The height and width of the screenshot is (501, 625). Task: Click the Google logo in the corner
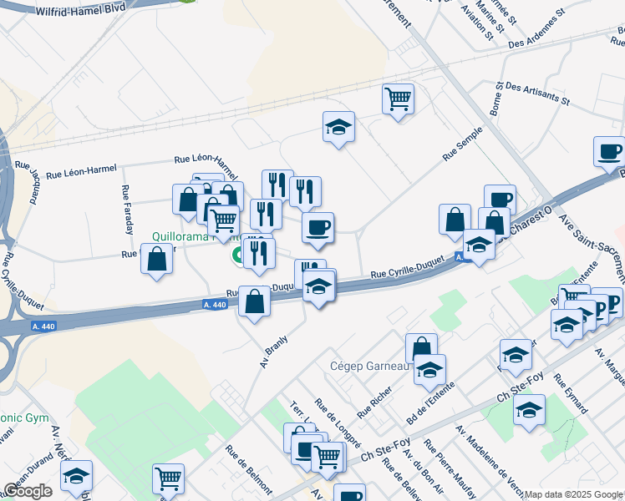(28, 491)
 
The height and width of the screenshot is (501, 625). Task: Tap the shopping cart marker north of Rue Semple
(399, 99)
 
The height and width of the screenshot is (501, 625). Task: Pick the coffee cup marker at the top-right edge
(609, 152)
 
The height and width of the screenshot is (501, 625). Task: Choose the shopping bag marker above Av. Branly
(254, 301)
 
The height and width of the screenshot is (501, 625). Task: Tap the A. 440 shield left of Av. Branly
(215, 306)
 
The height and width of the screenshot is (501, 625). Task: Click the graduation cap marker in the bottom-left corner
(77, 476)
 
